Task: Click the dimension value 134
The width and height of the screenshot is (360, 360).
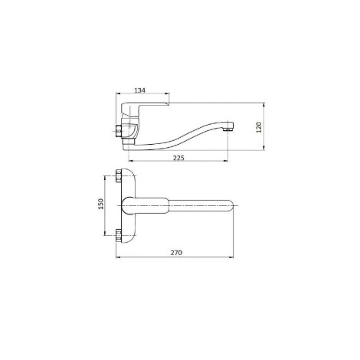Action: pyautogui.click(x=140, y=90)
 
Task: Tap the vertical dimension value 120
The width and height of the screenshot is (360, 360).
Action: pyautogui.click(x=259, y=127)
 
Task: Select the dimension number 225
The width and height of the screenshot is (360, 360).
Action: pyautogui.click(x=178, y=158)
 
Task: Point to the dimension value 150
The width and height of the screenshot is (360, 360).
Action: pyautogui.click(x=101, y=204)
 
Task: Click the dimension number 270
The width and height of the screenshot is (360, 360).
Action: pyautogui.click(x=176, y=253)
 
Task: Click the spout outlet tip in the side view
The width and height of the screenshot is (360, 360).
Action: pyautogui.click(x=227, y=129)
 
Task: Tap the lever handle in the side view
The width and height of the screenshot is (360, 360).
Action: pyautogui.click(x=143, y=108)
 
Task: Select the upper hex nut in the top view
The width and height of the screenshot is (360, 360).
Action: pyautogui.click(x=119, y=175)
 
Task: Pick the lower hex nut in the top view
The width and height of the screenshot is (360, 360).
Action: pyautogui.click(x=119, y=236)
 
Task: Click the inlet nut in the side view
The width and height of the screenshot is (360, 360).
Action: pyautogui.click(x=119, y=131)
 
